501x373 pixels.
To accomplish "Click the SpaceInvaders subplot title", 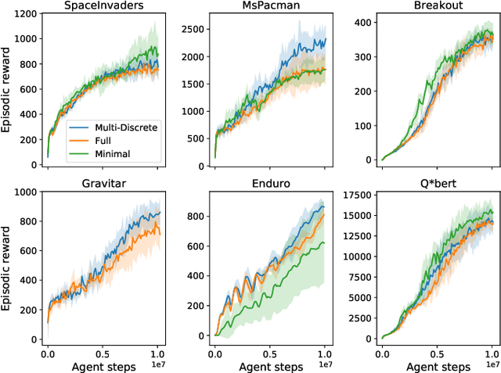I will coord(103,6).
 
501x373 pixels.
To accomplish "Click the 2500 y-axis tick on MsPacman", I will coord(193,28).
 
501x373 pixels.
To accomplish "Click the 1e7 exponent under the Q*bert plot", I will coord(492,364).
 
